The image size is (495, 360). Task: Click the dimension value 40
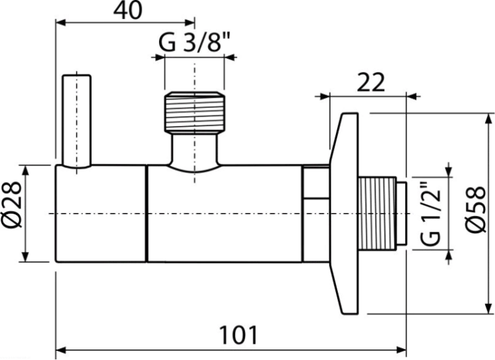128,11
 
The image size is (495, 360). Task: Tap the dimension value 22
371,82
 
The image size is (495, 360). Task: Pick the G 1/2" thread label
430,214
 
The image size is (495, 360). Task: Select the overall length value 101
239,336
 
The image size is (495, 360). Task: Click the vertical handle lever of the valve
77,120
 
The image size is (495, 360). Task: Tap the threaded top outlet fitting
195,111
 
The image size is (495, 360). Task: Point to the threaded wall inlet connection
377,214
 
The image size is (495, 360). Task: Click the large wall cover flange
344,214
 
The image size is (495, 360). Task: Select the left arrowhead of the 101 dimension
60,350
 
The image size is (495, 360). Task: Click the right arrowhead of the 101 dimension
401,350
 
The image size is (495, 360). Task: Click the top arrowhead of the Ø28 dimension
26,169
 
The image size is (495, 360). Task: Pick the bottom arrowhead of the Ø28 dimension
26,256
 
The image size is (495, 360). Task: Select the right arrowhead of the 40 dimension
189,22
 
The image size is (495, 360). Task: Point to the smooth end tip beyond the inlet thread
401,214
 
